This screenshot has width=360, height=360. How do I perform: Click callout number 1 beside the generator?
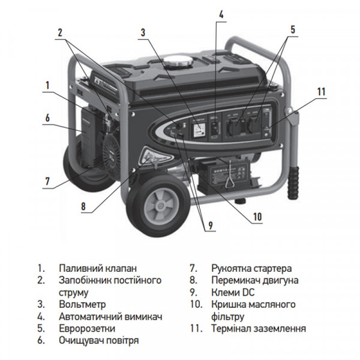[x=46, y=85]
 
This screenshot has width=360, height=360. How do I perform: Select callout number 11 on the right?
[x=321, y=92]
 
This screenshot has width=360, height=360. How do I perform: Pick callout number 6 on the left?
[x=46, y=118]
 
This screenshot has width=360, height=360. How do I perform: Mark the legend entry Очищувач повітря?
[x=99, y=340]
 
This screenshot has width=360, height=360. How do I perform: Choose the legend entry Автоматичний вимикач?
[x=111, y=316]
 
